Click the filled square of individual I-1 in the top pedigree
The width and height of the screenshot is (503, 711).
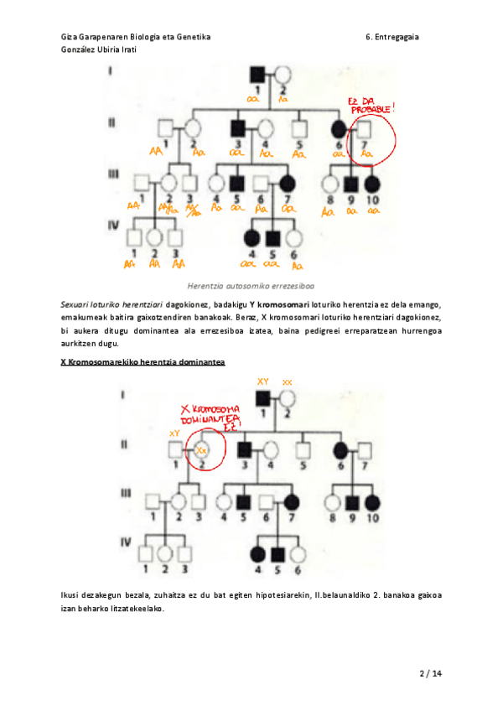point(259,75)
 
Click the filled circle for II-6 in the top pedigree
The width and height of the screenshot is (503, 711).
point(340,129)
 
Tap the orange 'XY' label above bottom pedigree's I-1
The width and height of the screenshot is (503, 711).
point(262,381)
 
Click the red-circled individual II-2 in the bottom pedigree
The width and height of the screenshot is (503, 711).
point(200,449)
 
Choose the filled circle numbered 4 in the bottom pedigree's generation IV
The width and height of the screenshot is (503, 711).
point(258,554)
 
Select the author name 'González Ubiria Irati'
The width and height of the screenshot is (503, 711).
point(100,49)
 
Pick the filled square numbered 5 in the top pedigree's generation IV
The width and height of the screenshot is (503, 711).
point(272,237)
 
